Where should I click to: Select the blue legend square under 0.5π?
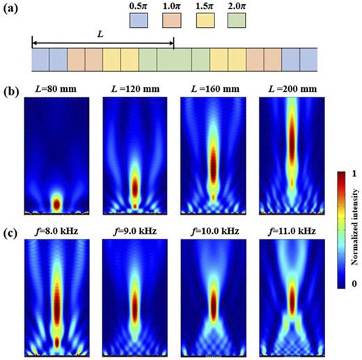click(x=140, y=22)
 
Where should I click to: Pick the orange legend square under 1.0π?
click(x=173, y=22)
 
